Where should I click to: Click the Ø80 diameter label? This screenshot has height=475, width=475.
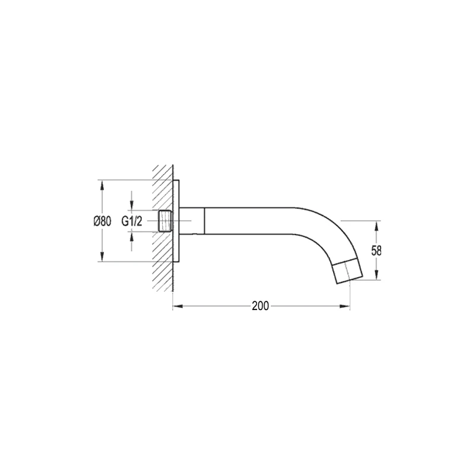coord(103,221)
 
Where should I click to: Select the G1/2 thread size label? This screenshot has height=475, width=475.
coord(132,221)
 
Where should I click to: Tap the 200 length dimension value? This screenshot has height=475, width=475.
coord(259,306)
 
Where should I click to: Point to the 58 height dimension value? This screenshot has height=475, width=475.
coord(376,250)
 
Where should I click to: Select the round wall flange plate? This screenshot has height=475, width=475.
coord(178,221)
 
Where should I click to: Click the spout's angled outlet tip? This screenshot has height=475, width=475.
coord(347,270)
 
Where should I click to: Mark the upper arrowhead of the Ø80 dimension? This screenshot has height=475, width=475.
coord(103,185)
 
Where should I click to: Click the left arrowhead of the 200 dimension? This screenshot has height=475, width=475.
coord(177,307)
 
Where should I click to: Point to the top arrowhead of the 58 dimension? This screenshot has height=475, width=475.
coord(376,225)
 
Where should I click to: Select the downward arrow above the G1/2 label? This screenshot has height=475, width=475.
coord(132,205)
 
